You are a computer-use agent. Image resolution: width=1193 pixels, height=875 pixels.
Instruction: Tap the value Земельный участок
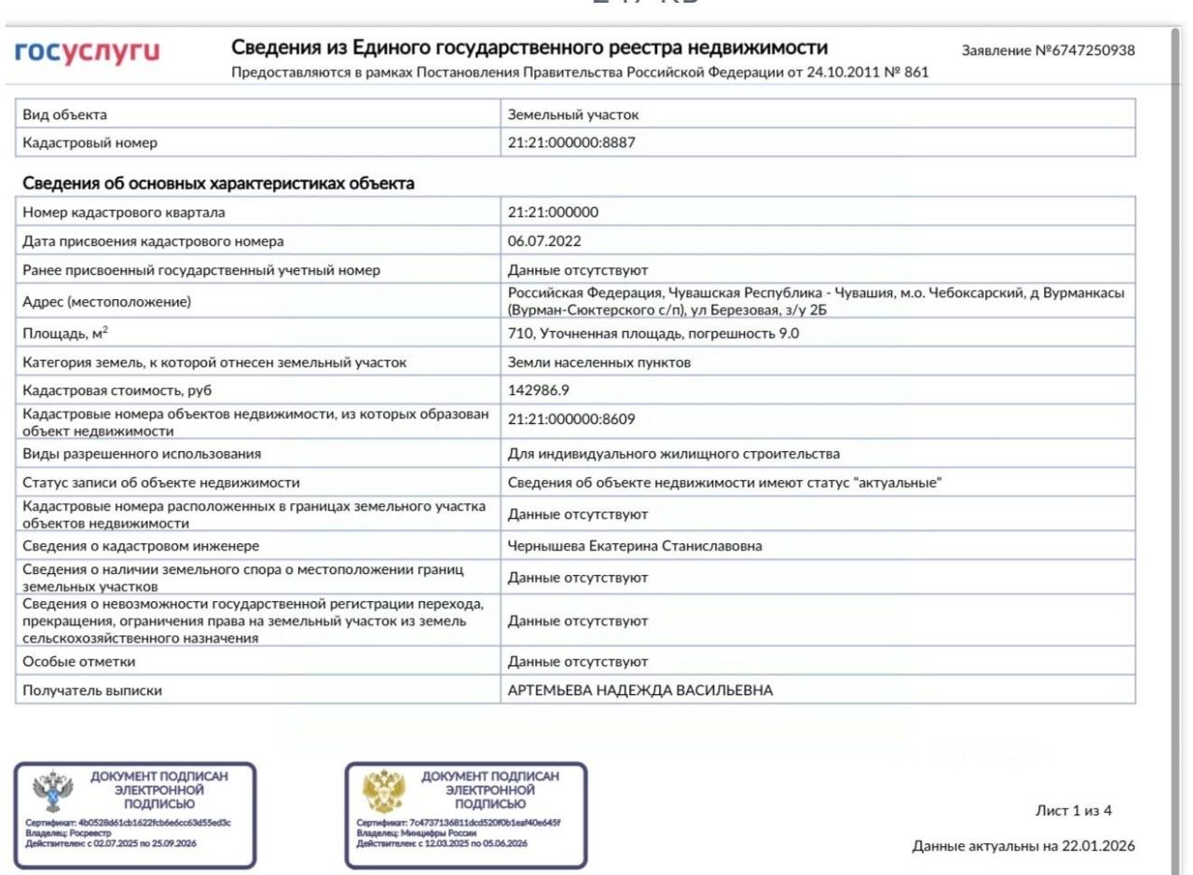pos(573,115)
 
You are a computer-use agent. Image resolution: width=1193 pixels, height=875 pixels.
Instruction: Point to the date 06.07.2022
pos(544,241)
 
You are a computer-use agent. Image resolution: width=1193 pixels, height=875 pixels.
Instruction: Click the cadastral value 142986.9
pos(542,390)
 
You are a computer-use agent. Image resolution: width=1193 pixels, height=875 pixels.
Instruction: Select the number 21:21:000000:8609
pos(571,419)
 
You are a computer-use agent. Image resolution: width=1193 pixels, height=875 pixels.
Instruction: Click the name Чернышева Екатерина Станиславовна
pos(635,546)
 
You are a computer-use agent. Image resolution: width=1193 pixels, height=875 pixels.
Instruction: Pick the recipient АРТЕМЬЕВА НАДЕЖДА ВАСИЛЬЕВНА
pos(640,690)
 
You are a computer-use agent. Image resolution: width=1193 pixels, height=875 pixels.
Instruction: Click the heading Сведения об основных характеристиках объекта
pos(218,184)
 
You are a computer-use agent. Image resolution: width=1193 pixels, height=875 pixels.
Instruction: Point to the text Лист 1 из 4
pos(1074,810)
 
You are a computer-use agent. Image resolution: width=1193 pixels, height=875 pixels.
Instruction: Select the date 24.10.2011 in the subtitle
pos(824,73)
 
